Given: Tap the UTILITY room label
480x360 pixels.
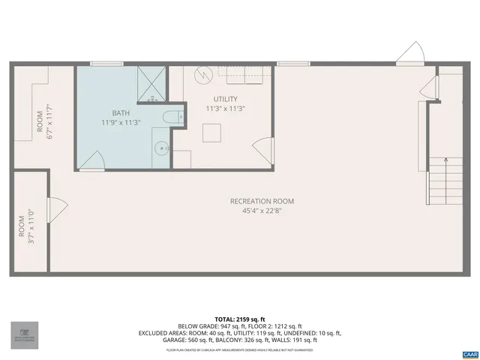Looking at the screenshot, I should tap(225, 99).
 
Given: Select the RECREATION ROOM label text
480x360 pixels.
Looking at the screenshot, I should tap(262, 201).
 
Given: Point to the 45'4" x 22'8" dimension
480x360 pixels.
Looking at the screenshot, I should tap(262, 211).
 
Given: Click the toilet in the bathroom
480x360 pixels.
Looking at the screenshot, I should tap(172, 117).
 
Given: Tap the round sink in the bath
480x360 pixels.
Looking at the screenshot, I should tap(160, 147).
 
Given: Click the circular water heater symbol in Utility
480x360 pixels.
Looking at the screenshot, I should tap(202, 76).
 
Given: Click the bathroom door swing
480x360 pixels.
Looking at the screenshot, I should tap(92, 160).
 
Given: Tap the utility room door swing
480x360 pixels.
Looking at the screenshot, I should tap(263, 148).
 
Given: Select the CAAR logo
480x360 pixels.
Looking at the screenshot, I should tap(469, 353).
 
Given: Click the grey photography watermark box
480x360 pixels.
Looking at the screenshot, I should tap(23, 335).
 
